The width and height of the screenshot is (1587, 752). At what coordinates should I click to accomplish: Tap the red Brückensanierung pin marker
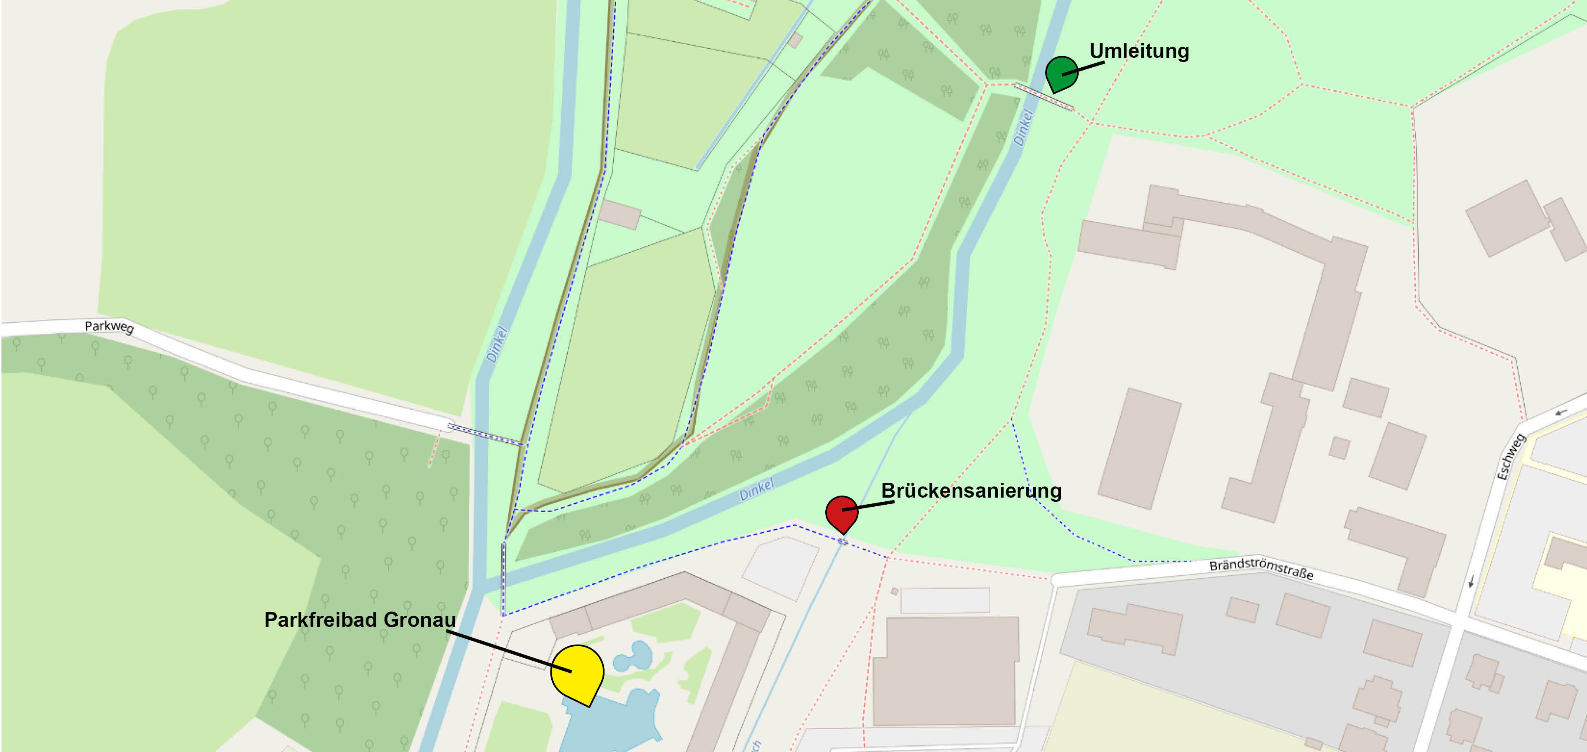841,512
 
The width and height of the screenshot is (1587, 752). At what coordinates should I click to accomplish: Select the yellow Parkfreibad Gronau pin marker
576,672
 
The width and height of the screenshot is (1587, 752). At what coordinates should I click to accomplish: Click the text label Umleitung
1139,50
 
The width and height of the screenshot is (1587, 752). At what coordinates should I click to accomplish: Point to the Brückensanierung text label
971,491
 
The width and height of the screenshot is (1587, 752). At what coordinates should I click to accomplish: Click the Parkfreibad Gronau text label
360,619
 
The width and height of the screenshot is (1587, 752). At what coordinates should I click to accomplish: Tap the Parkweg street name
109,327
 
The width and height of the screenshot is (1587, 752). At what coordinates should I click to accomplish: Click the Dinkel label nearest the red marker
756,489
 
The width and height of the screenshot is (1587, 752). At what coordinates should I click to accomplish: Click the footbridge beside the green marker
1044,97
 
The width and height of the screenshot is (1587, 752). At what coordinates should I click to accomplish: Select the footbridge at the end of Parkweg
485,434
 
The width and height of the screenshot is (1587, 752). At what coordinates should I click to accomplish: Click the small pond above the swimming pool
635,657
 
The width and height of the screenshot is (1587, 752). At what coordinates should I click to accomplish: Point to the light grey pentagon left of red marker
781,567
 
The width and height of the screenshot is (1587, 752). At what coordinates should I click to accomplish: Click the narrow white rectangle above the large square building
945,600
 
